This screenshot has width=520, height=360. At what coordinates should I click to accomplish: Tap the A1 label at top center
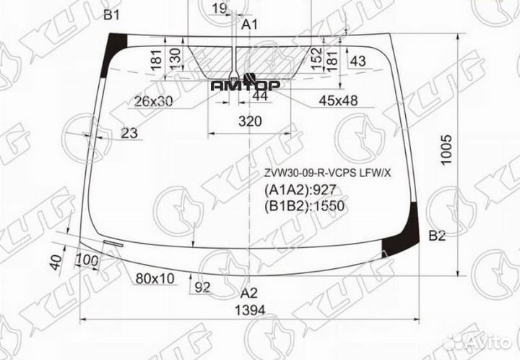[249, 25]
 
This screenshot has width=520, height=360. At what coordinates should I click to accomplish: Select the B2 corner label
[437, 235]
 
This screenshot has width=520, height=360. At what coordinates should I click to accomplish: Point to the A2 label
[248, 293]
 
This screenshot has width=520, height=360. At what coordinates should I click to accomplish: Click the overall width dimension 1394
[250, 310]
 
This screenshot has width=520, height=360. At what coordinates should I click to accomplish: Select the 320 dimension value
[250, 121]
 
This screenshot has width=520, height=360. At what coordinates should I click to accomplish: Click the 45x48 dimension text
[339, 100]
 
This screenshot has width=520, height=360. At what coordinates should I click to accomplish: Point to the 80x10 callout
[156, 278]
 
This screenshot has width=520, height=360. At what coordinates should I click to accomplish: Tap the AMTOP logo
[246, 85]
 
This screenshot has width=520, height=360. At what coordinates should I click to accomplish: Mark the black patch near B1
[115, 53]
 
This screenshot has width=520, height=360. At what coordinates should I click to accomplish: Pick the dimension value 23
[130, 132]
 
